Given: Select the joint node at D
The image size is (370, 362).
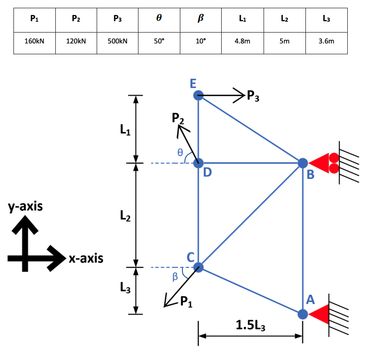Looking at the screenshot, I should [198, 163].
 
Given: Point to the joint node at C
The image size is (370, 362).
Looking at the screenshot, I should [198, 267].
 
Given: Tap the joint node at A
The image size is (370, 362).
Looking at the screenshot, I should [303, 313].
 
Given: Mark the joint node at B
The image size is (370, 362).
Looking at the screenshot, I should [303, 163].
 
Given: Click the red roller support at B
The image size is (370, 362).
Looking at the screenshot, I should [325, 163].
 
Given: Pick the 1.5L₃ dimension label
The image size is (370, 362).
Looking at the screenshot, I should [251, 325].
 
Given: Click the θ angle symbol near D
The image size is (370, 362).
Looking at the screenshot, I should [180, 153].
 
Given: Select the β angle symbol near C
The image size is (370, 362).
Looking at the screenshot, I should [175, 277].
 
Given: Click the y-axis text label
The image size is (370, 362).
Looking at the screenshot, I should [25, 207].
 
